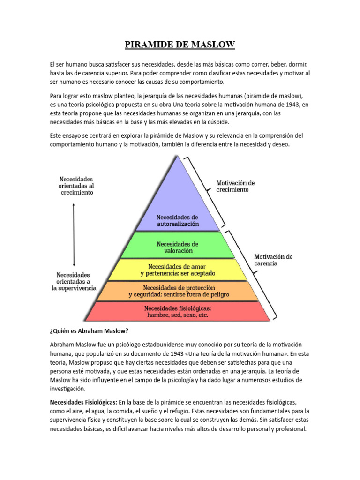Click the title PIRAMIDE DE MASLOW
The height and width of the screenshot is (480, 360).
coord(180,45)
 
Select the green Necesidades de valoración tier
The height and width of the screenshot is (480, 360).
coord(178,247)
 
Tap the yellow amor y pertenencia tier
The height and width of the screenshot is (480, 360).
coord(178,270)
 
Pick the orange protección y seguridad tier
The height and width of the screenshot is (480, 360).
coord(178,291)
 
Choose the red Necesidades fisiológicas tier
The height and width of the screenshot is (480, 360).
coord(178,312)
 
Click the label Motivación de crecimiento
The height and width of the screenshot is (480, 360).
coord(235,186)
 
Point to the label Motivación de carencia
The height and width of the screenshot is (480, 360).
coord(273,260)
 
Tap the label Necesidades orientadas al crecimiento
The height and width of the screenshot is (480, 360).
coord(76,186)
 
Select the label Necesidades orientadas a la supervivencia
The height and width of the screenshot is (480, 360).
coord(74,281)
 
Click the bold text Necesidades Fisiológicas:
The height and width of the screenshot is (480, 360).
coord(83,402)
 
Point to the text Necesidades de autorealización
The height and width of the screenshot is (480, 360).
coord(178,221)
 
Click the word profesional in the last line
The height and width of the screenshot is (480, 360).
coord(290,429)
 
